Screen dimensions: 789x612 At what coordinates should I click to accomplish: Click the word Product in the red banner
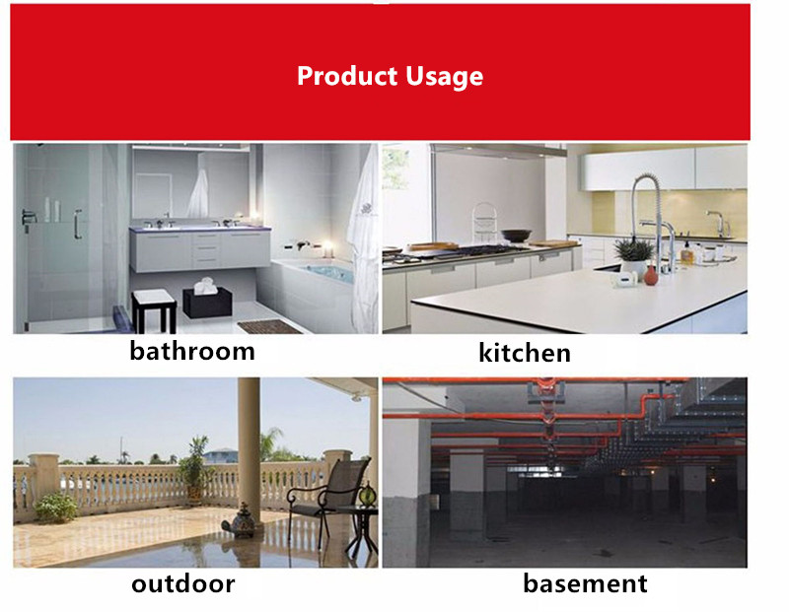click(347, 77)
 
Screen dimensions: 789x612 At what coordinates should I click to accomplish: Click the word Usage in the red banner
click(445, 78)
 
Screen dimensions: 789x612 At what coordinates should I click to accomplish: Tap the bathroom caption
click(192, 351)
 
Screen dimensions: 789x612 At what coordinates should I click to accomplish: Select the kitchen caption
click(525, 353)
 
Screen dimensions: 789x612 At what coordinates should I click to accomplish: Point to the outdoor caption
click(183, 583)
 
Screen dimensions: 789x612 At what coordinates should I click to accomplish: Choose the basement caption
click(585, 583)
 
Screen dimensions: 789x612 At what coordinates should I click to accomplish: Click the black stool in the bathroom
click(154, 310)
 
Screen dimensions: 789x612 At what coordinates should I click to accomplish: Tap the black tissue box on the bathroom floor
click(207, 302)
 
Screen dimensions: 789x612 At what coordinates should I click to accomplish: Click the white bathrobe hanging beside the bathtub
click(363, 237)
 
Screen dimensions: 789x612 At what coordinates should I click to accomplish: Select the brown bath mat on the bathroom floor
click(269, 327)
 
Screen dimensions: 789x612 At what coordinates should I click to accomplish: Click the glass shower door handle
click(78, 224)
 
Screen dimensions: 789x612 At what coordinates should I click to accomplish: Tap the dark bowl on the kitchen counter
click(516, 236)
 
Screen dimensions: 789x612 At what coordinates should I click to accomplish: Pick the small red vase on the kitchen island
click(651, 275)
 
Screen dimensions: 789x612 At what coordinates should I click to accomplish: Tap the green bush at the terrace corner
click(56, 507)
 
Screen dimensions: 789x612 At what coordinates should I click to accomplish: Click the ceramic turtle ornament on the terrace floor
click(241, 521)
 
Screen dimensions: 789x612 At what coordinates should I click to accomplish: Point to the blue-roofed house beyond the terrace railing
click(220, 455)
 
